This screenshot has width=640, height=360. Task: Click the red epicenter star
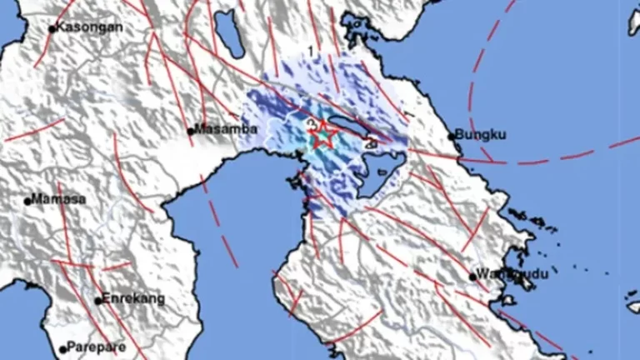point(322,135)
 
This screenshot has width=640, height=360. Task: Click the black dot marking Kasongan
point(52,29)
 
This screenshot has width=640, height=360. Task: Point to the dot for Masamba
point(190,131)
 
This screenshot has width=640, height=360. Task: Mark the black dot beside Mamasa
point(29,200)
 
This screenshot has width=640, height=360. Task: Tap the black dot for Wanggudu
point(472,276)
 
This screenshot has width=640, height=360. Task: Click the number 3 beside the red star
point(311,125)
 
